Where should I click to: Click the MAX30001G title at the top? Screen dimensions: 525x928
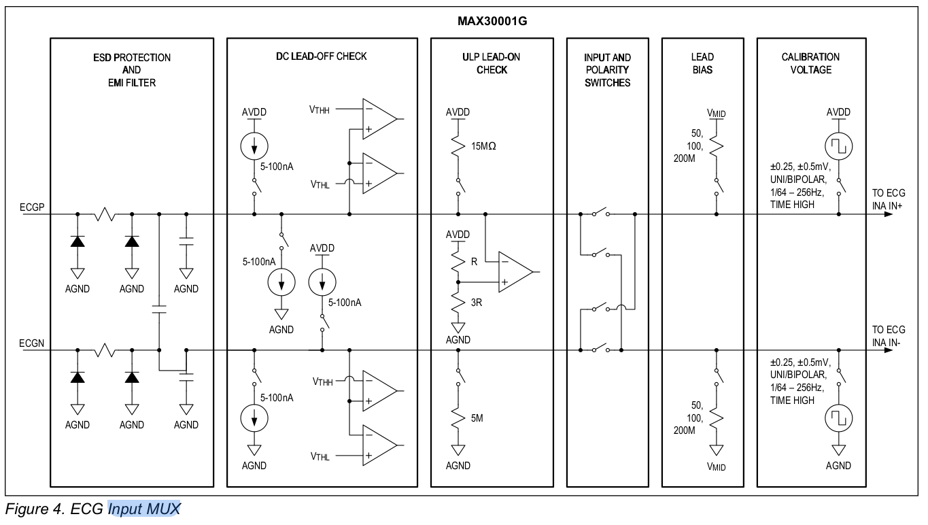[493, 21]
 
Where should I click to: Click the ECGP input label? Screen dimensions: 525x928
[32, 207]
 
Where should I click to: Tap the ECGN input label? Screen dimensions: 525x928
[32, 343]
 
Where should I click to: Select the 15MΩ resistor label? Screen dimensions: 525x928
[483, 146]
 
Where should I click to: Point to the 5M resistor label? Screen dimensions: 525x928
[477, 418]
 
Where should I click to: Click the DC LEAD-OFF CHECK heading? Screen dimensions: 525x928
[322, 56]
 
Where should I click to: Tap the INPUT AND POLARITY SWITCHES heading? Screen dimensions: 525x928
[607, 70]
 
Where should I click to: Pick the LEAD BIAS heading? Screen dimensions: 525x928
[702, 63]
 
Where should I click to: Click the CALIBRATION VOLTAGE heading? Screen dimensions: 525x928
[810, 63]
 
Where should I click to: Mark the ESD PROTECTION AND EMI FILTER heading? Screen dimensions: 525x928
[131, 69]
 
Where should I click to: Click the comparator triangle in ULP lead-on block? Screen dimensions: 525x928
[514, 272]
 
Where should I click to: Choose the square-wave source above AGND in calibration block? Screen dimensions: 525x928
[838, 419]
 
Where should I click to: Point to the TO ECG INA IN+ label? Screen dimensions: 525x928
[888, 199]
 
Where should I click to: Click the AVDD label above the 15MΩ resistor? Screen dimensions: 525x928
[458, 112]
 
